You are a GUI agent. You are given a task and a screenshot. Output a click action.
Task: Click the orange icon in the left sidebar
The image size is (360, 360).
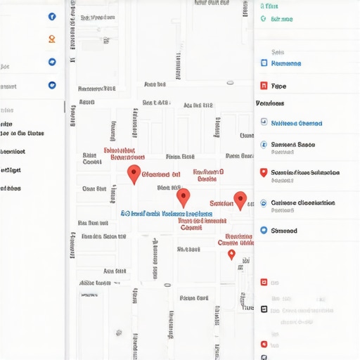pyautogui.click(x=52, y=39)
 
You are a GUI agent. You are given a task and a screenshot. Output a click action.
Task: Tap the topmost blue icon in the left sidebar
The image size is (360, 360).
pyautogui.click(x=52, y=16)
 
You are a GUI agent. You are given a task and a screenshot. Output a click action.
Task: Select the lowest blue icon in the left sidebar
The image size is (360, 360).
pyautogui.click(x=52, y=85)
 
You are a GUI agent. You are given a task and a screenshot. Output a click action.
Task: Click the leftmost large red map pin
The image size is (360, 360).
pyautogui.click(x=134, y=174)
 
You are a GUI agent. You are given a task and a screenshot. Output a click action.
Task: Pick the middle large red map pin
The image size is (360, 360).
pyautogui.click(x=184, y=197)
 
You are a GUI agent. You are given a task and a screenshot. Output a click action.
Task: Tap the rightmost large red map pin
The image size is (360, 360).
pyautogui.click(x=240, y=200)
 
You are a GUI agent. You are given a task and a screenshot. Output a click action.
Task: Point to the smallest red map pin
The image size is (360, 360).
pyautogui.click(x=231, y=254)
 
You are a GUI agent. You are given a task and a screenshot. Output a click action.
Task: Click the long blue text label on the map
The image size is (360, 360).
pyautogui.click(x=166, y=213)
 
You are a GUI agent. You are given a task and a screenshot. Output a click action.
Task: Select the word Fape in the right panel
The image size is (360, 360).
pyautogui.click(x=278, y=86)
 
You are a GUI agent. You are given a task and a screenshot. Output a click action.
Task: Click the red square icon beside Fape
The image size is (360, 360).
pyautogui.click(x=264, y=86)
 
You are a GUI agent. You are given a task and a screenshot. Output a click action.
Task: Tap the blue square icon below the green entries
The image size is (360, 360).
pyautogui.click(x=264, y=63)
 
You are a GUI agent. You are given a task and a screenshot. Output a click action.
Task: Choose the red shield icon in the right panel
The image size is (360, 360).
pyautogui.click(x=264, y=172)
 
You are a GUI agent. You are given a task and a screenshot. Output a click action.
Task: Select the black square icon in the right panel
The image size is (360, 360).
pyautogui.click(x=264, y=309)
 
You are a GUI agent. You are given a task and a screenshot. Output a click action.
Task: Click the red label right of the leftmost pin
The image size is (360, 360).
pyautogui.click(x=161, y=174)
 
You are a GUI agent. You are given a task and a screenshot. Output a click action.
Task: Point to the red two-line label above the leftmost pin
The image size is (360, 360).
pyautogui.click(x=119, y=154)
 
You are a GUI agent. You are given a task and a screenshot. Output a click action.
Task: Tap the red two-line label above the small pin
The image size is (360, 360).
pyautogui.click(x=234, y=240)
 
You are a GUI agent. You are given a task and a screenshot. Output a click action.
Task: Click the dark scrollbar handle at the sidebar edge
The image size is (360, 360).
pyautogui.click(x=65, y=108)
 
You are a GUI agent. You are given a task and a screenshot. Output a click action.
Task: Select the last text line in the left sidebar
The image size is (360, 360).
pyautogui.click(x=11, y=188)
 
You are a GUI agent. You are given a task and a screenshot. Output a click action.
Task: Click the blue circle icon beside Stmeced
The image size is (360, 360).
pyautogui.click(x=264, y=230)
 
